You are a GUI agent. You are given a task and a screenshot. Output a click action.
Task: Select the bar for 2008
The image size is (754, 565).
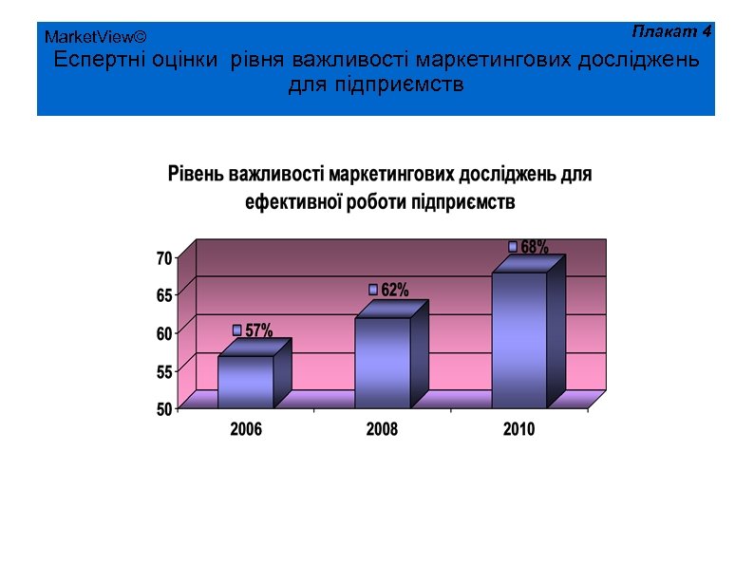point(382,362)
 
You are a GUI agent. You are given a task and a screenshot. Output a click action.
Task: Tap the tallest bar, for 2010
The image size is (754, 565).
point(518,339)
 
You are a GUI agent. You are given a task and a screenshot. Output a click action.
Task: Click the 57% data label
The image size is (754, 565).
point(258,330)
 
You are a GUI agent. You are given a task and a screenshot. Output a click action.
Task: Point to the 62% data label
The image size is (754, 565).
point(395,290)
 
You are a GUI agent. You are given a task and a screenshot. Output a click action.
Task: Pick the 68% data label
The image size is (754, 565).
point(534,247)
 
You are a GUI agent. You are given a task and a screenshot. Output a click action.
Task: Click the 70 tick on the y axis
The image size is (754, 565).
point(164,258)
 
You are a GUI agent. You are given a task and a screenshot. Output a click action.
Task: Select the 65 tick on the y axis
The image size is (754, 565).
point(164,295)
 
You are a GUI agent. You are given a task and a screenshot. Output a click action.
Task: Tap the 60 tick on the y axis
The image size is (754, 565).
point(164,333)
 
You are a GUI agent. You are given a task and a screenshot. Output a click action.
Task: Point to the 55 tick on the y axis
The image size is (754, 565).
point(164,372)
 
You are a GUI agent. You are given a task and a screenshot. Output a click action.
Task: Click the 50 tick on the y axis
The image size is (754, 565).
point(164,409)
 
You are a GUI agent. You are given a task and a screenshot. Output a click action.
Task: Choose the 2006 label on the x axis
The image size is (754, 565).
point(246,430)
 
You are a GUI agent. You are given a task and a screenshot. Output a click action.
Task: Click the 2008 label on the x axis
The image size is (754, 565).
point(382,430)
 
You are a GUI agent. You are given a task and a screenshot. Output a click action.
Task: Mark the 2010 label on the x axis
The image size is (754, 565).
point(518,430)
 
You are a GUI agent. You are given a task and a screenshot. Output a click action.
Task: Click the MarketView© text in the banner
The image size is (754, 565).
point(95,37)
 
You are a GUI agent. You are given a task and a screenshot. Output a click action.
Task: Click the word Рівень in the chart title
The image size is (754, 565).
point(199,175)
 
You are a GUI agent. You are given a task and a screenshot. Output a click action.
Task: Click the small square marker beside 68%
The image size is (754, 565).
point(513,247)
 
